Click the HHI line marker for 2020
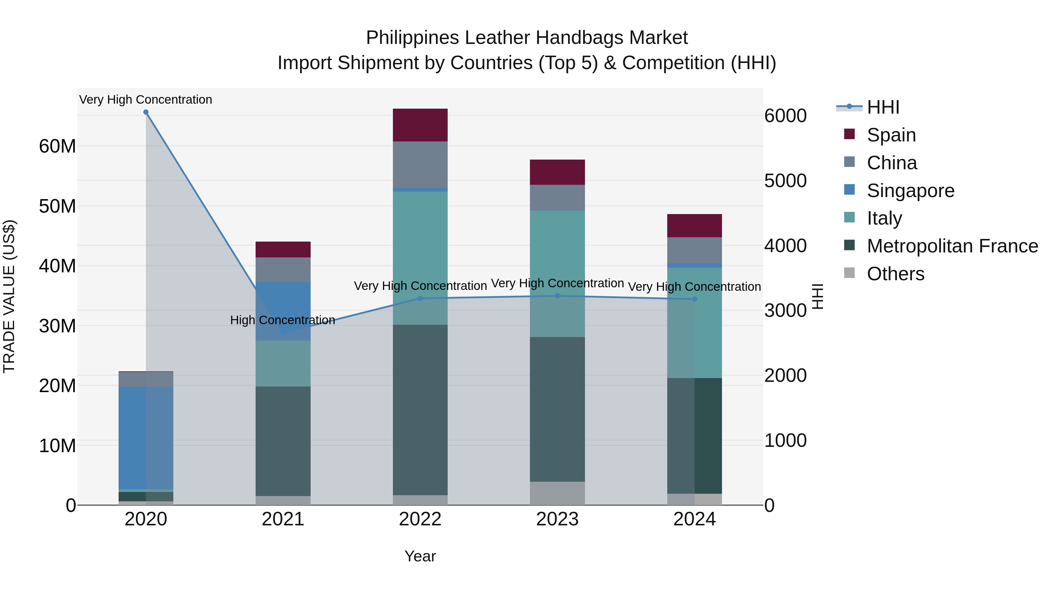tap(146, 112)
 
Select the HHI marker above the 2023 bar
tap(557, 296)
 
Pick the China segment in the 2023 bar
tap(557, 198)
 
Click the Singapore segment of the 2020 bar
tap(146, 438)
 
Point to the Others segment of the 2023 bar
tap(557, 493)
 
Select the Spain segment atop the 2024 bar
tap(694, 225)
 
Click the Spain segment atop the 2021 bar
tap(283, 249)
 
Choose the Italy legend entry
tap(884, 218)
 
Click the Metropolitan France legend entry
tap(952, 246)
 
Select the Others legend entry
tap(895, 274)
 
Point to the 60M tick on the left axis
tap(57, 146)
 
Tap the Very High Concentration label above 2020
tap(146, 100)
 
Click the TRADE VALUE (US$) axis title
tap(9, 296)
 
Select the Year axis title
tap(420, 556)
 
